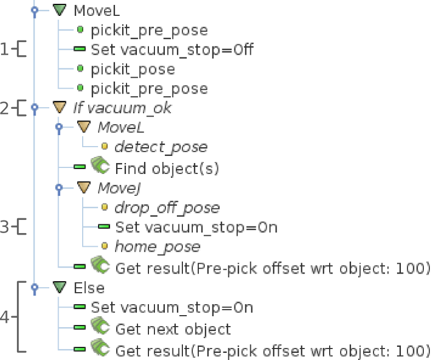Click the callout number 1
point(5,50)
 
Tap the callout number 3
point(5,227)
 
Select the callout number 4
point(5,317)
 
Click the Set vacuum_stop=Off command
point(172,50)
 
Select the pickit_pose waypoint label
point(133,69)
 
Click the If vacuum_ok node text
point(122,108)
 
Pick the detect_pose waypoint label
point(161,147)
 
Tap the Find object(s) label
point(167,168)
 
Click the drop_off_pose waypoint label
point(167,208)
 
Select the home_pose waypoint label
point(157,247)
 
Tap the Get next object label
point(173,329)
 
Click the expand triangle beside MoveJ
point(83,188)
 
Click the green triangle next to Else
point(59,287)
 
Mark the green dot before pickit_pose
point(81,69)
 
